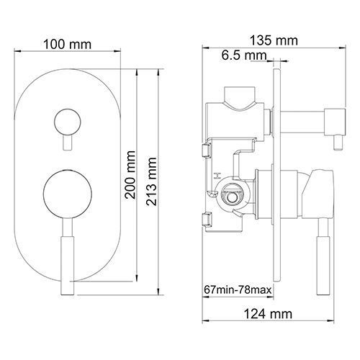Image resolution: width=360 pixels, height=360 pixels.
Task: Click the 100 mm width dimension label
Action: [x=68, y=45]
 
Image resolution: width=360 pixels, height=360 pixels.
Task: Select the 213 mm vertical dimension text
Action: [x=151, y=181]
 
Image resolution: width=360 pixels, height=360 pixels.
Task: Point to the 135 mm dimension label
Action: [x=274, y=40]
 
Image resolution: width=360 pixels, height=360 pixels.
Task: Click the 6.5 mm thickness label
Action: [x=244, y=55]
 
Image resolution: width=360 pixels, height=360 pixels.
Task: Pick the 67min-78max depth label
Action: [x=238, y=289]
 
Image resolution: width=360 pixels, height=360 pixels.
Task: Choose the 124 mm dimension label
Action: [x=268, y=314]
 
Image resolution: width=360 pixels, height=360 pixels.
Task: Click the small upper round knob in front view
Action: [x=67, y=122]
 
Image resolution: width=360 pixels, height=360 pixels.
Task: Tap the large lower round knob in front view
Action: [x=68, y=194]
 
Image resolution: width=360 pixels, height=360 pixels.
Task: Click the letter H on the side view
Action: [x=218, y=176]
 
